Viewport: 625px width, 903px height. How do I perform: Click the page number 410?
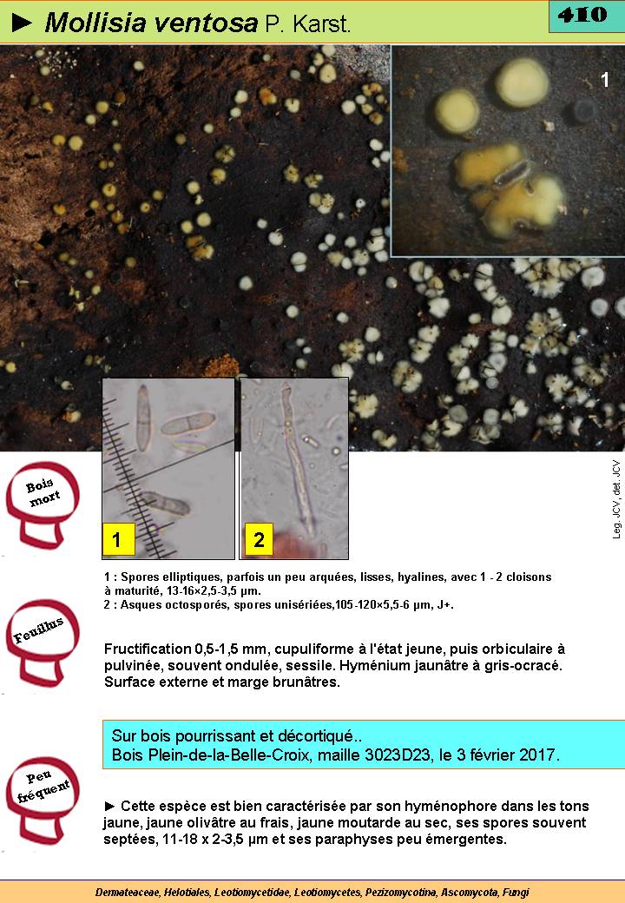582,15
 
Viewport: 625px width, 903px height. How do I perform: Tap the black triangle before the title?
22,23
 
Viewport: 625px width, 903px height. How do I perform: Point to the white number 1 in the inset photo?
605,80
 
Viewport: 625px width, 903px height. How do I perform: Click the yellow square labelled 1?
118,539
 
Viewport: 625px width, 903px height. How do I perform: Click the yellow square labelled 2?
259,539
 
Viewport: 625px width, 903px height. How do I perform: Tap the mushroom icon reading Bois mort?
42,504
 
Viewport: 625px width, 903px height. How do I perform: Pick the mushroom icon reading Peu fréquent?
42,800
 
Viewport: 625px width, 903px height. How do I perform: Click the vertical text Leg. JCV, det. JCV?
616,499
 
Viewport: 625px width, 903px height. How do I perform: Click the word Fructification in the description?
148,649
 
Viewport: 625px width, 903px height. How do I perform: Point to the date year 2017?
540,755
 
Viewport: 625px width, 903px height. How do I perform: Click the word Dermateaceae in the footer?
128,893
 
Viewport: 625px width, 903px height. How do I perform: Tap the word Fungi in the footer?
516,893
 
